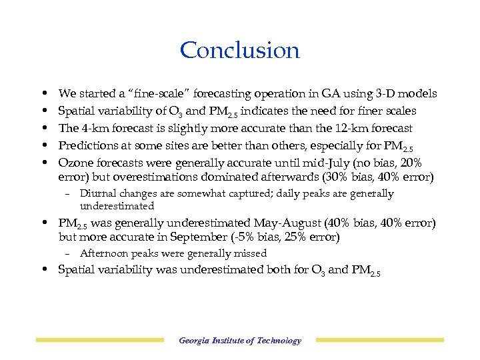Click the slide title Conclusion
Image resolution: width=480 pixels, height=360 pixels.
(x=240, y=50)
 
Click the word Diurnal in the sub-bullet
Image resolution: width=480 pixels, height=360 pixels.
(x=98, y=194)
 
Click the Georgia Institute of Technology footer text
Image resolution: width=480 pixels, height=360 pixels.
(x=240, y=341)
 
